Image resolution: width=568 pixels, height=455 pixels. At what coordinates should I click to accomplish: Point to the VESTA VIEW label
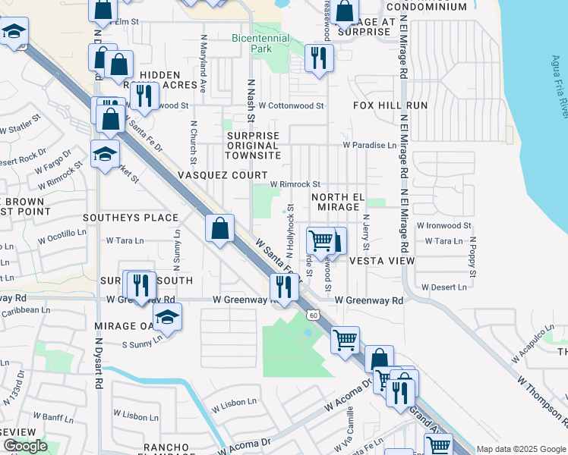point(382,260)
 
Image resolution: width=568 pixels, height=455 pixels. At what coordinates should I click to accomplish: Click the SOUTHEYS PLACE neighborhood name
point(130,218)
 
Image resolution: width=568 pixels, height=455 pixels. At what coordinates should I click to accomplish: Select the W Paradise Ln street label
point(369,144)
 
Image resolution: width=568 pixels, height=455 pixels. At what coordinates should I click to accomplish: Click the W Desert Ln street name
point(443,287)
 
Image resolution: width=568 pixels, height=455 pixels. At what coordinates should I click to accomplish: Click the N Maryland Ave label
point(204,63)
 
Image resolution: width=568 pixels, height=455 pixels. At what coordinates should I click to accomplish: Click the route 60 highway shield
point(313,313)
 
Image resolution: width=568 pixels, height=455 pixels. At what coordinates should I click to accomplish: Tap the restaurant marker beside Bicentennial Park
point(319,57)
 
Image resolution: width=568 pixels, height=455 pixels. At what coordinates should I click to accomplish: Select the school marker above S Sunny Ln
point(167,317)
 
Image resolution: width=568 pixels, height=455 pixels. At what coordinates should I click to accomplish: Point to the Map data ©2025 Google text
point(521,449)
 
